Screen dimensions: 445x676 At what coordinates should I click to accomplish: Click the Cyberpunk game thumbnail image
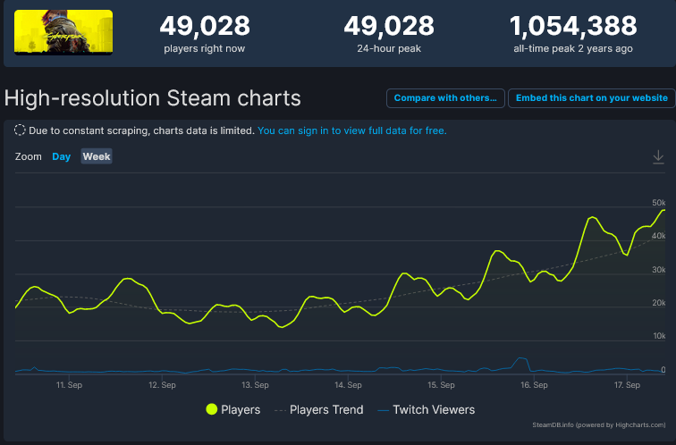coord(63,32)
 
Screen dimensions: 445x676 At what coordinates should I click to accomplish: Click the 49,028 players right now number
coord(204,26)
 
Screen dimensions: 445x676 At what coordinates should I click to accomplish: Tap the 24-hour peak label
coord(389,48)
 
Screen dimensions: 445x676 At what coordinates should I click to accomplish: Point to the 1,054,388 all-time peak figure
coord(572,26)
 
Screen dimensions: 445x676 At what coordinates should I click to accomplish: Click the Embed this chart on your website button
coord(591,98)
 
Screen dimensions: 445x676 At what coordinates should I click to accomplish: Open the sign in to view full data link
coord(351,130)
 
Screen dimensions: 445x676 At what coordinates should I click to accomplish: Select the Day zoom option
coord(61,156)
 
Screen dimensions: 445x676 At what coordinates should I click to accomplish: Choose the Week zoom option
coord(97,156)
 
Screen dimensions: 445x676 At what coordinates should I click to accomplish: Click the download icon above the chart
coord(658,157)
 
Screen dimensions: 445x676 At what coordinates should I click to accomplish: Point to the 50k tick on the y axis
coord(658,202)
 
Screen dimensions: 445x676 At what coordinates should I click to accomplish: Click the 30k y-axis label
coord(658,269)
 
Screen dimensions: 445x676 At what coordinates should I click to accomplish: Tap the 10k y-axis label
coord(658,336)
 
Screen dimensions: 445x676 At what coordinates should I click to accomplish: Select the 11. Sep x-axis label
coord(69,385)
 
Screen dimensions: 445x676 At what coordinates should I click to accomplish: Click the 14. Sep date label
coord(348,385)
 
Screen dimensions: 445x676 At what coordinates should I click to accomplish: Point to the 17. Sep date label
coord(627,385)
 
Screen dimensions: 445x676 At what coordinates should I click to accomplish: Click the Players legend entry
coord(233,409)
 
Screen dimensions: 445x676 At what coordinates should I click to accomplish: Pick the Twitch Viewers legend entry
coord(427,409)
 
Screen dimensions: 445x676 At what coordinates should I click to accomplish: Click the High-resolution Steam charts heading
coord(153,97)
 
